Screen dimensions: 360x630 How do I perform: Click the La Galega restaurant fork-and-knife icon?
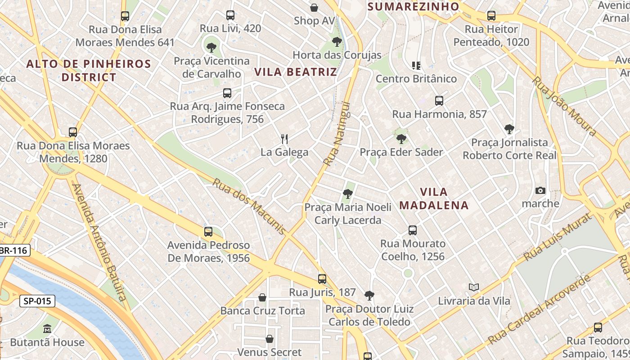coord(284,139)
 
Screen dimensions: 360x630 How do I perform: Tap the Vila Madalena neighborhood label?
coord(434,199)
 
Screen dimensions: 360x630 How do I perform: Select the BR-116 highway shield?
coord(13,251)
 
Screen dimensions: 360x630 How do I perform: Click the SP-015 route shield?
coord(37,301)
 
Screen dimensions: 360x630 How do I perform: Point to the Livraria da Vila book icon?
coord(473,287)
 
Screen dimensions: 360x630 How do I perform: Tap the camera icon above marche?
coord(540,190)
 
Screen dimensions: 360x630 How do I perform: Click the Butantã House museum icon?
coord(47,329)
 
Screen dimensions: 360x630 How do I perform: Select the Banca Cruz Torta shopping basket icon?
coord(262,297)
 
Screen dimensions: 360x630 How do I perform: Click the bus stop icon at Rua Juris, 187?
coord(322,279)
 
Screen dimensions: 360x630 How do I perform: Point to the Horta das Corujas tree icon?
coord(337,42)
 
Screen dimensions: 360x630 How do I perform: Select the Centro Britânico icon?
coord(416,66)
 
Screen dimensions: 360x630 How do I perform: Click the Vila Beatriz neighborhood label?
coord(295,72)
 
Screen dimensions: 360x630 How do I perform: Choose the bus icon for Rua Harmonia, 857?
coord(439,101)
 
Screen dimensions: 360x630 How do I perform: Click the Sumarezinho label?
coord(413,6)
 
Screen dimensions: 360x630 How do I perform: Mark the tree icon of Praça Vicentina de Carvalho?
coord(211,47)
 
